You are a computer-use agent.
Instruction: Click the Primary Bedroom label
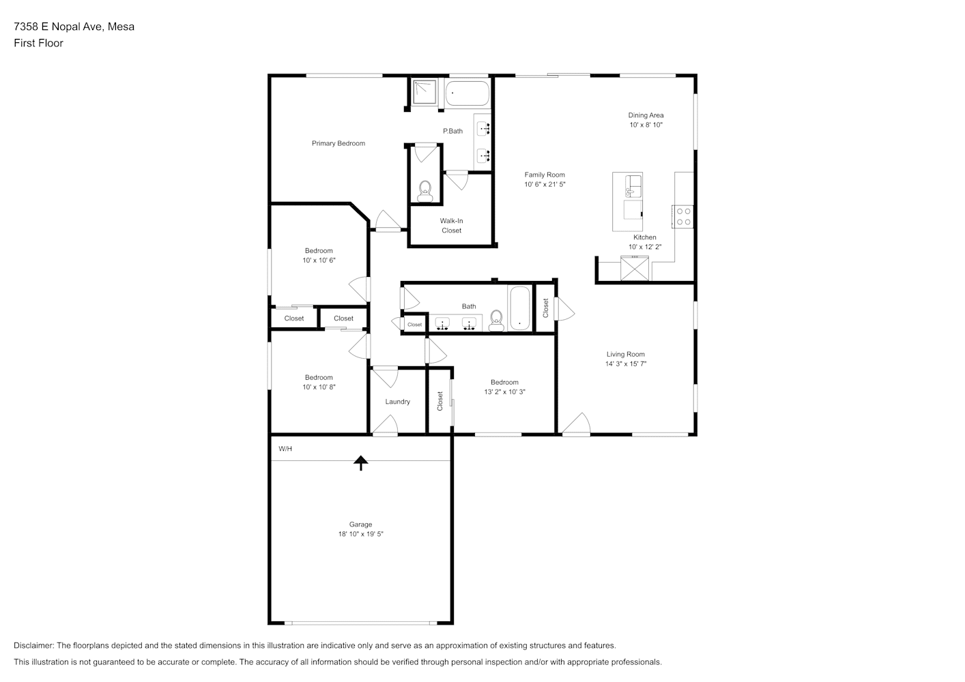pyautogui.click(x=339, y=143)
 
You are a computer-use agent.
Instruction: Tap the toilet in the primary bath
pyautogui.click(x=425, y=192)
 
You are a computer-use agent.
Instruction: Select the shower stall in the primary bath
pyautogui.click(x=424, y=91)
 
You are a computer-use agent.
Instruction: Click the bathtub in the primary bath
pyautogui.click(x=467, y=93)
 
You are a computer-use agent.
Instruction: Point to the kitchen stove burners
pyautogui.click(x=683, y=217)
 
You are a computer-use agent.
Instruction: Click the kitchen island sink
pyautogui.click(x=633, y=186)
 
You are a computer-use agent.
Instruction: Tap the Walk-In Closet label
pyautogui.click(x=451, y=226)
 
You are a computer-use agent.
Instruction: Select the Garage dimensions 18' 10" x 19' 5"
pyautogui.click(x=360, y=534)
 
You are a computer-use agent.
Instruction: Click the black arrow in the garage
pyautogui.click(x=360, y=463)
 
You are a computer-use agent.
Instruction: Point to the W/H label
pyautogui.click(x=285, y=449)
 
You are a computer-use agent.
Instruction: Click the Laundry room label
pyautogui.click(x=397, y=402)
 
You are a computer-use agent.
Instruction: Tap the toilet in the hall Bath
pyautogui.click(x=496, y=321)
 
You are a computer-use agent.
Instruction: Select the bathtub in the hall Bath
pyautogui.click(x=520, y=308)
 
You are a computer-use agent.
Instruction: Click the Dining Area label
pyautogui.click(x=646, y=115)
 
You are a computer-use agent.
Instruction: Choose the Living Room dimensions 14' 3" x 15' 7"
pyautogui.click(x=626, y=364)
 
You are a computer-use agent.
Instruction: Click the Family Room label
pyautogui.click(x=545, y=175)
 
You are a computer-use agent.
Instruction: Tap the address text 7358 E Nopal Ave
pyautogui.click(x=58, y=27)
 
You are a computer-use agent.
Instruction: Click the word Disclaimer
pyautogui.click(x=34, y=645)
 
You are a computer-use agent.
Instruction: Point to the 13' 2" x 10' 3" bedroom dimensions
pyautogui.click(x=504, y=391)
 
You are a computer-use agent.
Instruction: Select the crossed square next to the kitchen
pyautogui.click(x=634, y=268)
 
